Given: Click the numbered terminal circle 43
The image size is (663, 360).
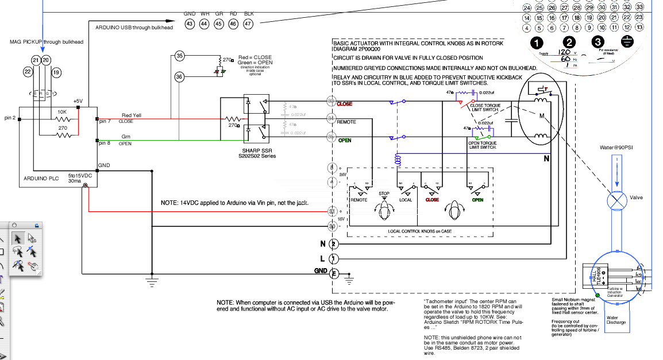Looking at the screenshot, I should click(190, 24).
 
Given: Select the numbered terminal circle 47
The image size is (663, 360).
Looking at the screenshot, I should click(248, 24).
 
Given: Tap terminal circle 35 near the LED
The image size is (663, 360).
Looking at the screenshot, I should click(179, 56).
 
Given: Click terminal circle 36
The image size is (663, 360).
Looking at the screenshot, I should click(179, 76).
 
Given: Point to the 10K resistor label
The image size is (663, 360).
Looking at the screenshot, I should click(61, 112).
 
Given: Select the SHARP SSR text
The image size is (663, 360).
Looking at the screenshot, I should click(253, 150).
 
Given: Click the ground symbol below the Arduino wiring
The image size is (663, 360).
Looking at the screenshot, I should click(152, 280).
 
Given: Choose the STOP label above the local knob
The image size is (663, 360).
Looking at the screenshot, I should click(384, 193).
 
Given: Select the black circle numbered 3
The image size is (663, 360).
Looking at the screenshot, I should click(598, 42).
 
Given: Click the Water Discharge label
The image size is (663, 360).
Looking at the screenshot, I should click(616, 319).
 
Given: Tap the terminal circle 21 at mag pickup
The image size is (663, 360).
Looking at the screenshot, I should click(36, 60).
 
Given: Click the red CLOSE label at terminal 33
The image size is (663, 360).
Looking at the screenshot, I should click(345, 104).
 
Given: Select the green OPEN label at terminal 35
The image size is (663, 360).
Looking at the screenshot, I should click(345, 140).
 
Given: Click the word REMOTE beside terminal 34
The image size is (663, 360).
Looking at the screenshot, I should click(346, 122).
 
